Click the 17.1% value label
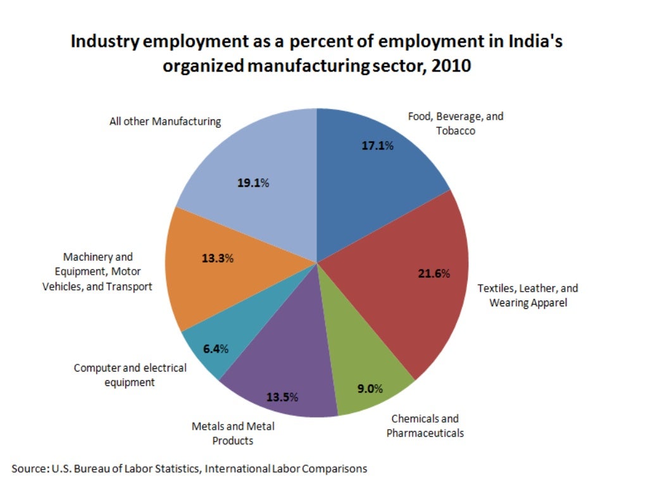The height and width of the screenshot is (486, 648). [x=377, y=146]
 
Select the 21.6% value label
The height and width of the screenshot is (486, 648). [x=434, y=273]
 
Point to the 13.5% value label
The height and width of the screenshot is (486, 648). [x=282, y=397]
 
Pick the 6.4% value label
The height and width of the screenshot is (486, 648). [x=215, y=349]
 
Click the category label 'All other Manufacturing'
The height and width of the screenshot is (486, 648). [x=165, y=121]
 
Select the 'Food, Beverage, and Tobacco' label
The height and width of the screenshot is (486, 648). [x=456, y=123]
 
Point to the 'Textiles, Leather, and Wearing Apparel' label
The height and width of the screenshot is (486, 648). [x=528, y=296]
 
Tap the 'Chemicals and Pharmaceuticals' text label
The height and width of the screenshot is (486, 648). [x=425, y=426]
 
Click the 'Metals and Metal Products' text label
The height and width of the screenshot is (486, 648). [x=233, y=433]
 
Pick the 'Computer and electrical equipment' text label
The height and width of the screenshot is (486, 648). [x=130, y=375]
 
